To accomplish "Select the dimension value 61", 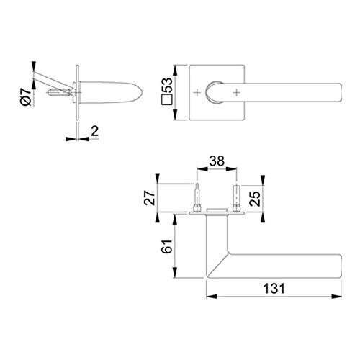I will click(x=166, y=246).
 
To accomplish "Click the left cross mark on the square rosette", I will click(x=198, y=93).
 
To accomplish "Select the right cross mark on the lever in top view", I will click(x=238, y=93).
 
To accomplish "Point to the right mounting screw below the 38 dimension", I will click(x=236, y=197).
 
